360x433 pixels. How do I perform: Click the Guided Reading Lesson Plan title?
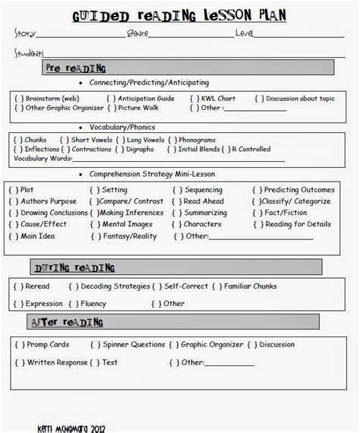pyautogui.click(x=179, y=16)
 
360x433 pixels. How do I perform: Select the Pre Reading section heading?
pyautogui.click(x=75, y=68)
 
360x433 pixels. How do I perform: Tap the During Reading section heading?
pyautogui.click(x=74, y=267)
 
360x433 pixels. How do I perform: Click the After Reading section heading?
pyautogui.click(x=68, y=323)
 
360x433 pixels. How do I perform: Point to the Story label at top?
pyautogui.click(x=24, y=33)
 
